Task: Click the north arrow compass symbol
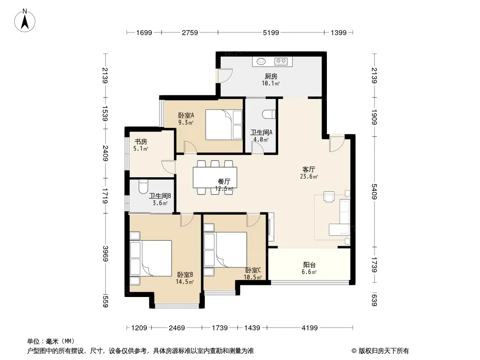[x=25, y=20]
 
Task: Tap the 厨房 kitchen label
[x=271, y=76]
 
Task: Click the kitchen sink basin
[x=261, y=61]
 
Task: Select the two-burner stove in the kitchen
[x=281, y=61]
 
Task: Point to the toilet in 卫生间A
[x=269, y=114]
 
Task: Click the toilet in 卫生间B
[x=143, y=187]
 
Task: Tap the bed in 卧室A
[x=224, y=125]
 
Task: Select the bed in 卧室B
[x=151, y=258]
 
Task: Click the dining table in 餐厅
[x=215, y=177]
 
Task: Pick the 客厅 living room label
[x=308, y=169]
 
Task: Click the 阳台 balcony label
[x=309, y=265]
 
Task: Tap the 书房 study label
[x=141, y=142]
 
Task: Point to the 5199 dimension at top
[x=271, y=32]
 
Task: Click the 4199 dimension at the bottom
[x=309, y=328]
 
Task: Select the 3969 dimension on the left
[x=105, y=253]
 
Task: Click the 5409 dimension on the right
[x=374, y=191]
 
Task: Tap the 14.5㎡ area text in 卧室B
[x=185, y=282]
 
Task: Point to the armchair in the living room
[x=329, y=197]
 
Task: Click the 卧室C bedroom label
[x=253, y=270]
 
